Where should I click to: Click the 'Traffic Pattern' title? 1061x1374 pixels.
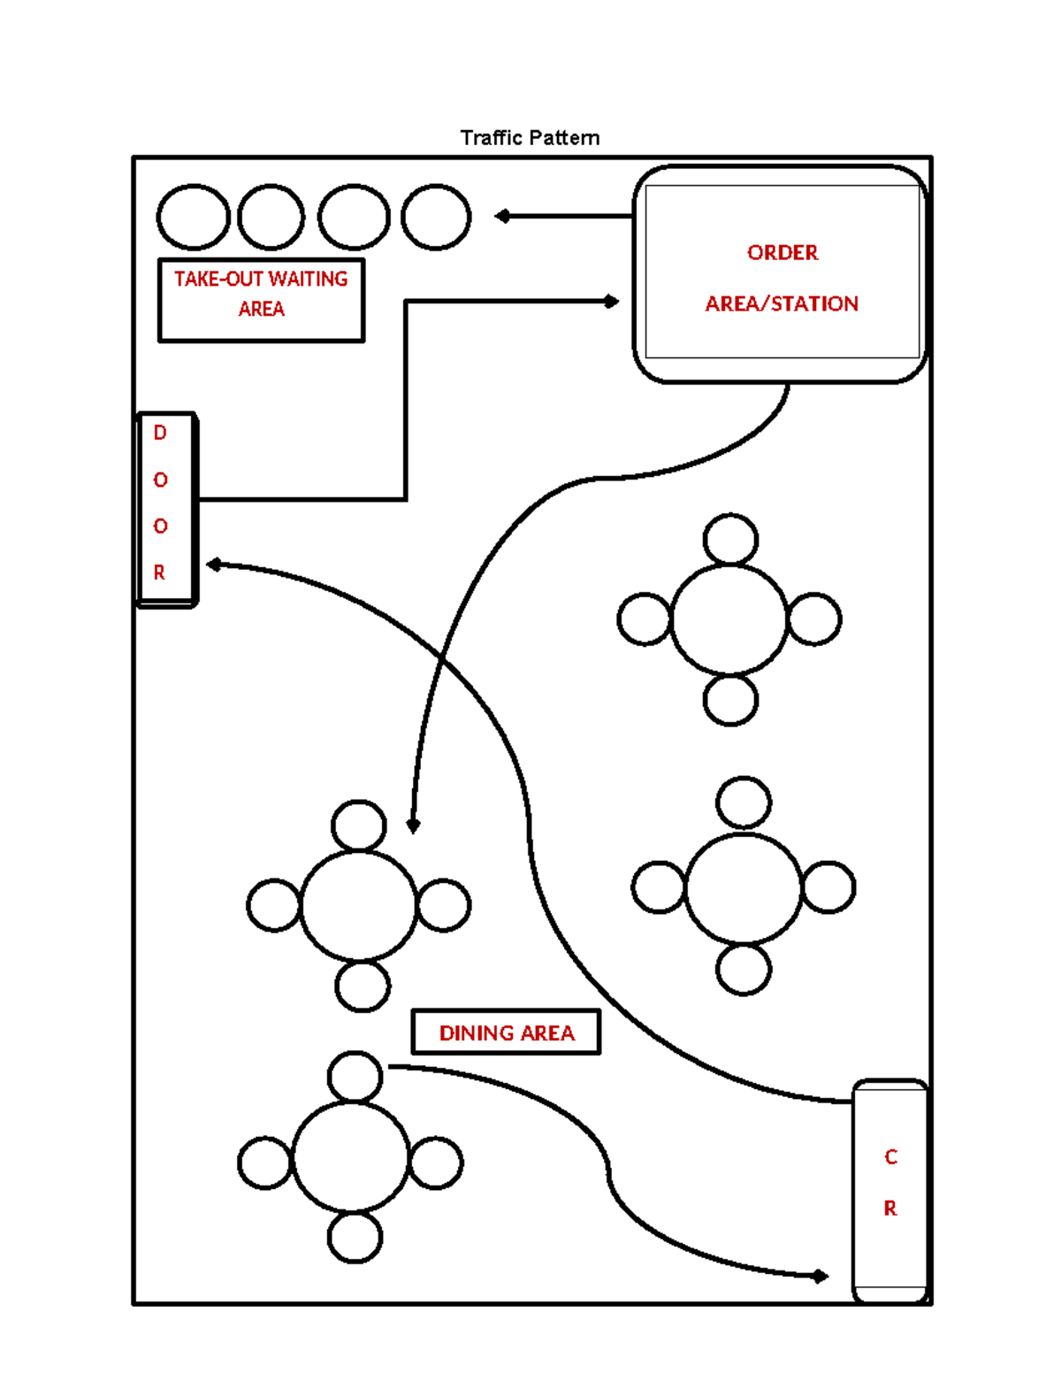point(530,138)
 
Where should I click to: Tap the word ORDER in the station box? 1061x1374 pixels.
point(782,253)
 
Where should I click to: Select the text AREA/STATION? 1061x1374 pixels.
point(782,304)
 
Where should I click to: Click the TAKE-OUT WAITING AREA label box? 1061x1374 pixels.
point(261,299)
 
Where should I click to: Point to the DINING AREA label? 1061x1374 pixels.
point(507,1032)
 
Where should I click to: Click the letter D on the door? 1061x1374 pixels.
point(160,433)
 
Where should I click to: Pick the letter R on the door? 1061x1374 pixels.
point(160,572)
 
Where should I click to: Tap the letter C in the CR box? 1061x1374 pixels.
point(890,1157)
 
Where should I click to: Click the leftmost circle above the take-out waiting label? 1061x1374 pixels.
point(194,217)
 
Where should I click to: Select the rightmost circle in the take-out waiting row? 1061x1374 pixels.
point(436,217)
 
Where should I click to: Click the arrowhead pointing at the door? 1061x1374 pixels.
point(213,564)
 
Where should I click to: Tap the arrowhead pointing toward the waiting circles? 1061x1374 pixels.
point(502,216)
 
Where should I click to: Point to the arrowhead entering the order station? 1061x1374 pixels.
point(611,302)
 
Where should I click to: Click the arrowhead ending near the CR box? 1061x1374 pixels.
point(821,1276)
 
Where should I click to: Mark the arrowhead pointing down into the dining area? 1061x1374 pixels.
point(413,825)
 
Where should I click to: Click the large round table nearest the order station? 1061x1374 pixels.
point(729,619)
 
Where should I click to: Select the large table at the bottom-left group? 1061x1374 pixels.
point(351,1156)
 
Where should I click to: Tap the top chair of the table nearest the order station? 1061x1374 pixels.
point(730,539)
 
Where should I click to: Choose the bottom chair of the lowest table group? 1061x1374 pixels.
point(355,1237)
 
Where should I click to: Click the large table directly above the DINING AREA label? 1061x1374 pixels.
point(358,905)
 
